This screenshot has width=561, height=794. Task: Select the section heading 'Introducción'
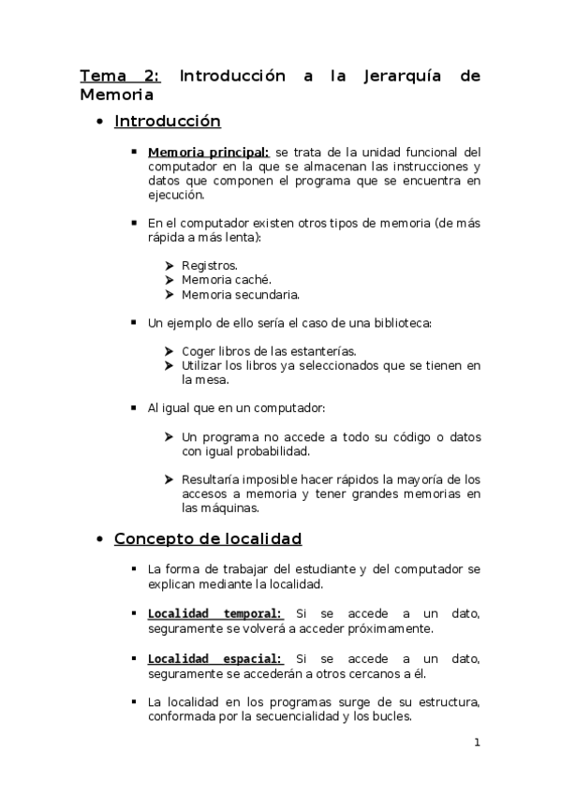[167, 121]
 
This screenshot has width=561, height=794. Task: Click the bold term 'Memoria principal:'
[209, 152]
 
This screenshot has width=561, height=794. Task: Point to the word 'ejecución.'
[175, 196]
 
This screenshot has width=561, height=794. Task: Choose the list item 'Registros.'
[210, 266]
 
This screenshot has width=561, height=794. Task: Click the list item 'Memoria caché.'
[227, 280]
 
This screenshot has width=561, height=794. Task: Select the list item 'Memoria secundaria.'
[241, 295]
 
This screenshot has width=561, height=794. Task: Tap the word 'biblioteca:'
[400, 323]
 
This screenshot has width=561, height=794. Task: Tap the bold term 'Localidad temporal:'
[215, 614]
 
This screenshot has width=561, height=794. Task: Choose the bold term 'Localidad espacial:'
[215, 660]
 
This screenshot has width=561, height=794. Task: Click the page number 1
[477, 743]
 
